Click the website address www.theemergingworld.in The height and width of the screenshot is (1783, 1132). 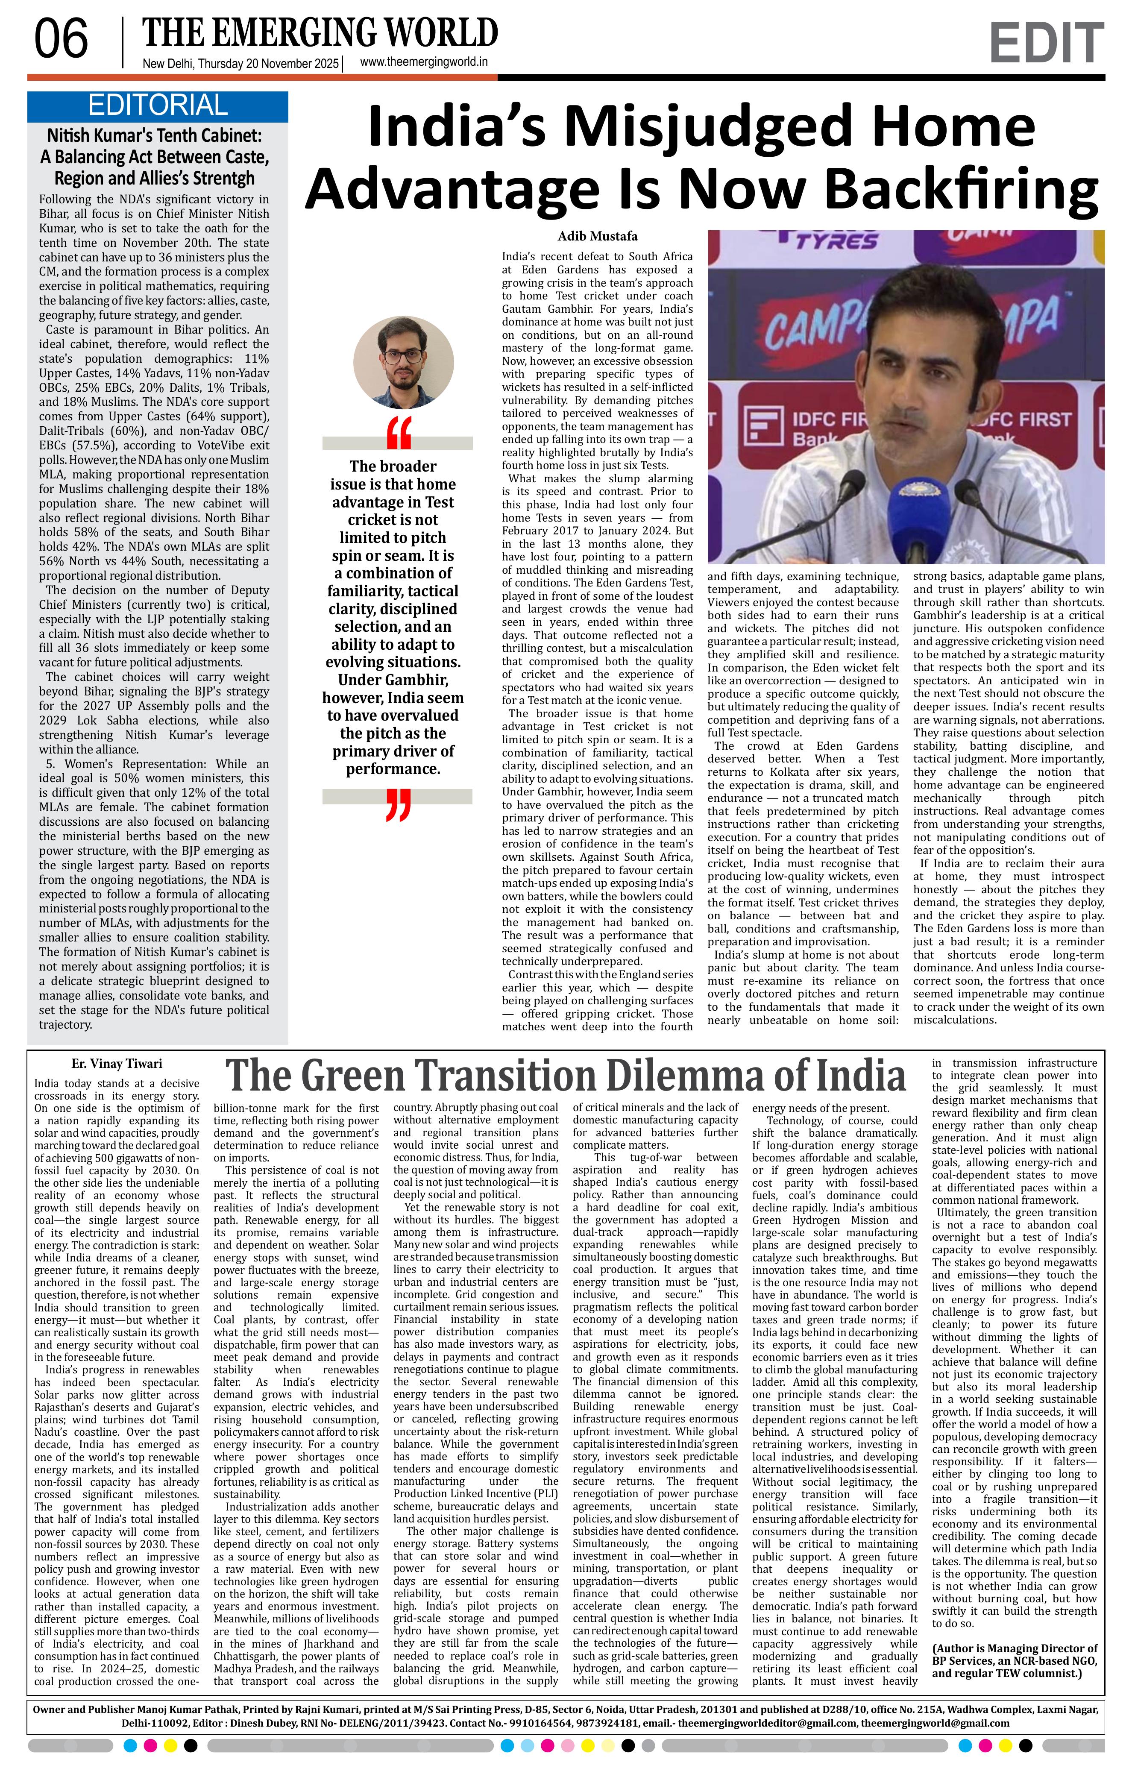coord(423,62)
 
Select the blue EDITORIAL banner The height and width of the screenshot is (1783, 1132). coord(158,106)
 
